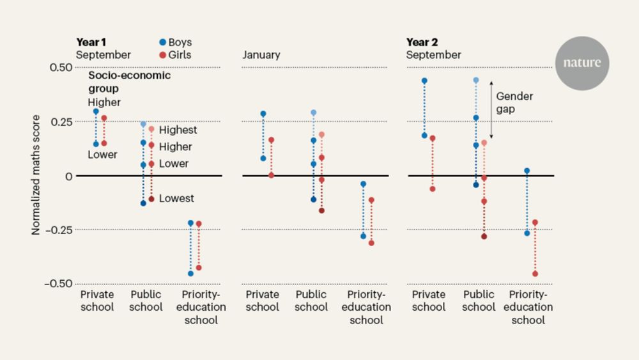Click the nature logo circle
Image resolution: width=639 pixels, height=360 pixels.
coord(581,63)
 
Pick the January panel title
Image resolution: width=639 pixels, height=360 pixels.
coord(261,55)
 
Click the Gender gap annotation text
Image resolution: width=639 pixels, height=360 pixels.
coord(514,103)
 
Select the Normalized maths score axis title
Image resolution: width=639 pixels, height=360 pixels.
coord(36,175)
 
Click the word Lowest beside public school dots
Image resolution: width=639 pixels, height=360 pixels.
coord(176,199)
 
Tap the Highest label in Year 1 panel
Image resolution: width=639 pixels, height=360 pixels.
coord(178,130)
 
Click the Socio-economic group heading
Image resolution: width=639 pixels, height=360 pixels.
coord(129,82)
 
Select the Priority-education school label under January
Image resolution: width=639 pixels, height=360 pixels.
coord(369,306)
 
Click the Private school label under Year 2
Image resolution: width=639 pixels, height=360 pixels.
coord(428,301)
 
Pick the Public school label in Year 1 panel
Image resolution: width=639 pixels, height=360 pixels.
coord(146,301)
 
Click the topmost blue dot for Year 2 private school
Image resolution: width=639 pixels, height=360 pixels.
coord(424,81)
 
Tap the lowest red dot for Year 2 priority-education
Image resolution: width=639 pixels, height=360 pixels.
coord(535,274)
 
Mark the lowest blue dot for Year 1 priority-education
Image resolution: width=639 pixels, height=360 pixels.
coord(190,274)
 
